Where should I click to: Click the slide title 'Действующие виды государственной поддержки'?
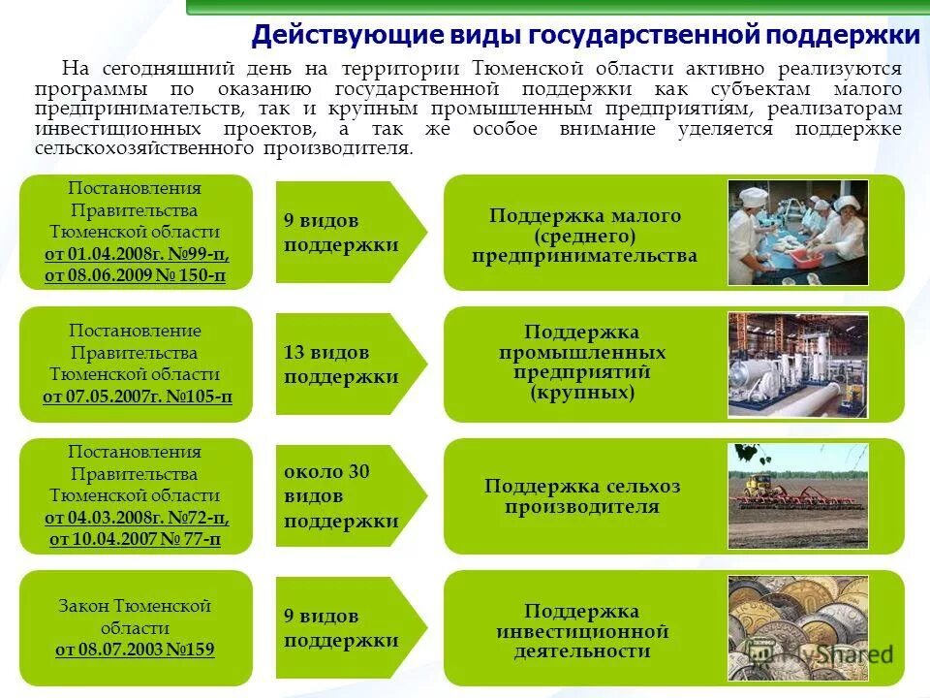point(585,36)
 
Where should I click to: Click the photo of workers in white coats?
point(797,233)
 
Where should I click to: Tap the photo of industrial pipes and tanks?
point(797,365)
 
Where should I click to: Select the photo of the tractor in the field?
point(797,495)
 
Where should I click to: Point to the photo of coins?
point(797,627)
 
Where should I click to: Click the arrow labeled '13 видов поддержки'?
point(349,365)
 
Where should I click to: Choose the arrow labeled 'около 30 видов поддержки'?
point(349,495)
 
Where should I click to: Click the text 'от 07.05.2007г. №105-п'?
point(138,397)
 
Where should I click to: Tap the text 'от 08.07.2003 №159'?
point(135,649)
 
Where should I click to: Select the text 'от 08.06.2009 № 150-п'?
point(136,276)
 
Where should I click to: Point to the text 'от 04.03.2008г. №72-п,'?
point(137,517)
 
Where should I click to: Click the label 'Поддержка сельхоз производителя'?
point(582,496)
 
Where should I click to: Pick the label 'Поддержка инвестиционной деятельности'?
point(582,630)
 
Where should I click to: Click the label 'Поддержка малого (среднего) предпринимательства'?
point(584,236)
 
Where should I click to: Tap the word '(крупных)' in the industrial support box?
point(582,394)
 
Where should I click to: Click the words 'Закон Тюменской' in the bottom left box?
point(135,606)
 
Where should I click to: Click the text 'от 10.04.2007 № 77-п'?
point(136,539)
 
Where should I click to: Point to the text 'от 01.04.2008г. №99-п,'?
point(137,254)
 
